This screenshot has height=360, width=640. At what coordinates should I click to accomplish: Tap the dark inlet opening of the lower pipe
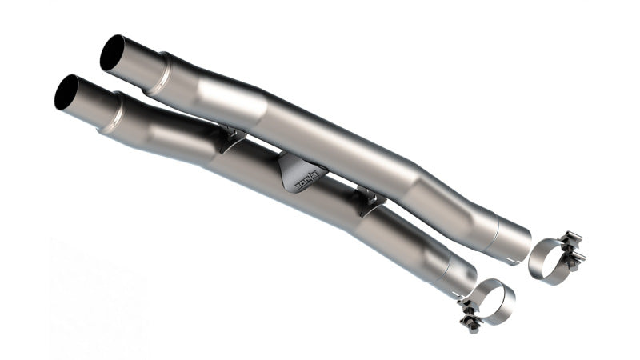point(66,93)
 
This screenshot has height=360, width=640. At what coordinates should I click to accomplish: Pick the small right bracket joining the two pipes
point(370,198)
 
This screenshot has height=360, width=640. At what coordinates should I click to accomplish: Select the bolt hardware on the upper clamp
point(571,249)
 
